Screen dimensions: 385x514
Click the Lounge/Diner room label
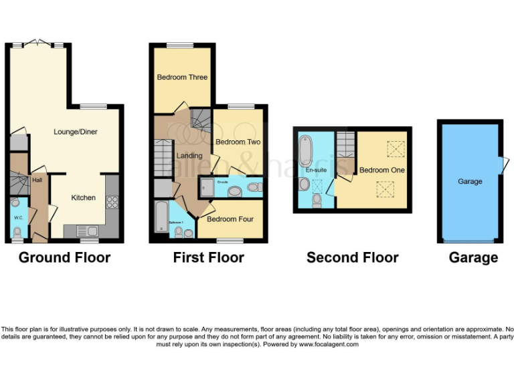[75, 132]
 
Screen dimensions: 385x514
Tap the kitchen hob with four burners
[112, 201]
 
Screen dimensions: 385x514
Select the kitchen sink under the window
[87, 231]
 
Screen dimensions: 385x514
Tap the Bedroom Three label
[182, 78]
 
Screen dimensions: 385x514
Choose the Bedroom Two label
[238, 142]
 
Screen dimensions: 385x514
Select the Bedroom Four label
[230, 219]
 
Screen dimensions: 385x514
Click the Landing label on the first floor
[189, 156]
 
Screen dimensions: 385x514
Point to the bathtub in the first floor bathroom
[161, 218]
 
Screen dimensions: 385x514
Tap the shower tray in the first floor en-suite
[206, 186]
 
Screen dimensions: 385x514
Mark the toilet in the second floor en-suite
[317, 200]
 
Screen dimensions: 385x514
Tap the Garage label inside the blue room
[470, 181]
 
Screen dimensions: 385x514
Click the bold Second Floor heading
[352, 257]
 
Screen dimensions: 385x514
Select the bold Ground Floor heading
[64, 257]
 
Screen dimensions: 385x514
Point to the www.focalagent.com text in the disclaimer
[329, 344]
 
